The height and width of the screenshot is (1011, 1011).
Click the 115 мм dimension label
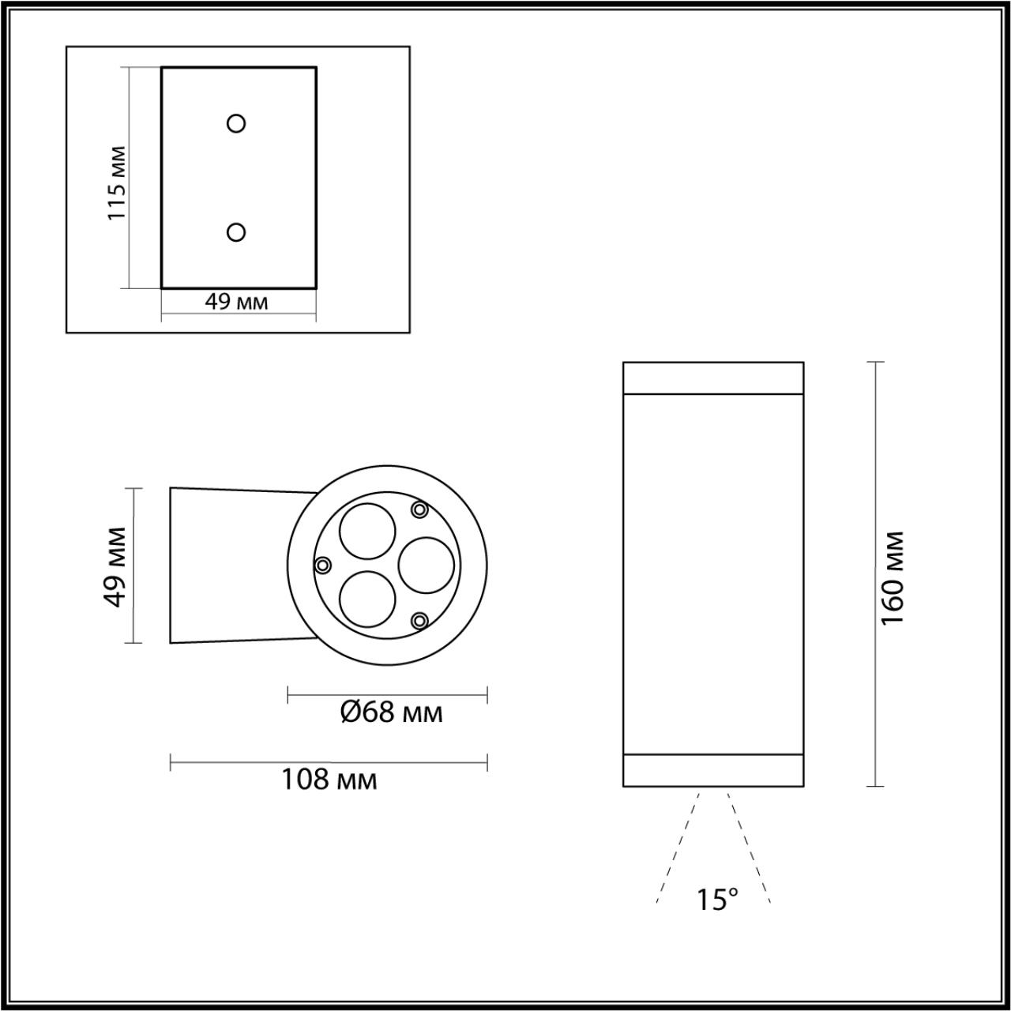(116, 182)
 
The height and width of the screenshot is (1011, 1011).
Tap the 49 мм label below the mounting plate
(236, 302)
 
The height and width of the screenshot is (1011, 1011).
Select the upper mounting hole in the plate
(236, 123)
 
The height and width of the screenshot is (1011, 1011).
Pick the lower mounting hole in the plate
(235, 231)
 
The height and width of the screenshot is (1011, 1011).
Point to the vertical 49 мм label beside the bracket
(116, 566)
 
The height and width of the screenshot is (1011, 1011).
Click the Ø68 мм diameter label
(391, 712)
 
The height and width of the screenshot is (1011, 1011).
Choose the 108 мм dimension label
(329, 780)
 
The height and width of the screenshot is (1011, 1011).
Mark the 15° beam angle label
(717, 900)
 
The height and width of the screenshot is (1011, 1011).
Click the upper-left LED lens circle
(366, 530)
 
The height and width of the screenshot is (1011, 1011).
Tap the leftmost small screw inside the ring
(322, 565)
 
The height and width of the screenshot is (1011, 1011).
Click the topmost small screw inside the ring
(419, 510)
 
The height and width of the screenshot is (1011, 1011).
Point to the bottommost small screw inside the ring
(420, 621)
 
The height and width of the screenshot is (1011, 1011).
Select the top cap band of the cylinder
(713, 378)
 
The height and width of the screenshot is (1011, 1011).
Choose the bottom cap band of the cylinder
(713, 770)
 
